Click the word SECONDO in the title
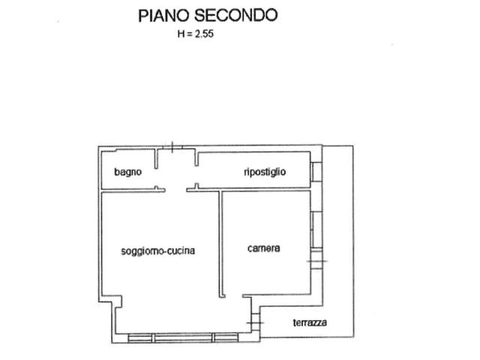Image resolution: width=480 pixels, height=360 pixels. click(236, 15)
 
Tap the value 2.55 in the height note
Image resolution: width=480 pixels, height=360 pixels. click(204, 33)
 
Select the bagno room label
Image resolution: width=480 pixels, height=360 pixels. click(128, 172)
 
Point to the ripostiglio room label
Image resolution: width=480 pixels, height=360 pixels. click(265, 172)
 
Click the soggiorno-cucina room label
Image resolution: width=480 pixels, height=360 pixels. click(158, 251)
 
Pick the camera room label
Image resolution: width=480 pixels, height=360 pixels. click(263, 248)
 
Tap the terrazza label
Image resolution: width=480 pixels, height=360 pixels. click(310, 322)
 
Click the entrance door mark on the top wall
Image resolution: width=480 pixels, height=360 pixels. click(173, 147)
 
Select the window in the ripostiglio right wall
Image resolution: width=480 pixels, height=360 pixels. click(316, 172)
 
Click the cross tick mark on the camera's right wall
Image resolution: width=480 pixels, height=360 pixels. click(317, 261)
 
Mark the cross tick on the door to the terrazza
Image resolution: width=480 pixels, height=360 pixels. click(255, 322)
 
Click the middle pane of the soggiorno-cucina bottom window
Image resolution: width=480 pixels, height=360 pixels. click(183, 338)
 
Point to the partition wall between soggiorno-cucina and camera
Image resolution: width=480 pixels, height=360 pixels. click(221, 244)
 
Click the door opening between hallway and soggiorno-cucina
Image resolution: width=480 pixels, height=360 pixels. click(176, 190)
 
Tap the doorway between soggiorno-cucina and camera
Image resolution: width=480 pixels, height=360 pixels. click(234, 296)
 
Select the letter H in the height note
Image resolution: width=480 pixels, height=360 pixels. click(181, 34)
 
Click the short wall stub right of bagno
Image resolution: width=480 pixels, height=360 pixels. click(157, 158)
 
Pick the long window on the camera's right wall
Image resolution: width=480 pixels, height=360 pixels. click(316, 229)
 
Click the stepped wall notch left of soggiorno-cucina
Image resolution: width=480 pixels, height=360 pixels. click(110, 301)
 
